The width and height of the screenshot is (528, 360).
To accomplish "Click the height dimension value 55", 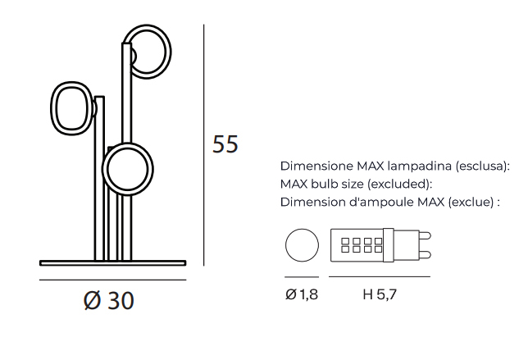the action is click(225, 144).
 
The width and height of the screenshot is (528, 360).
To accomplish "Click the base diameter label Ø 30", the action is click(109, 300).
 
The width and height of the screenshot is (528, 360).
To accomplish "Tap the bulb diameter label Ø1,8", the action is click(302, 294).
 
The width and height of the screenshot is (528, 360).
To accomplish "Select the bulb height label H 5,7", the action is click(380, 294).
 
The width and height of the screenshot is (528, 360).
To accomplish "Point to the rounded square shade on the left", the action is click(54, 108).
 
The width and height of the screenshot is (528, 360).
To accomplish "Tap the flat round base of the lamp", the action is click(113, 263).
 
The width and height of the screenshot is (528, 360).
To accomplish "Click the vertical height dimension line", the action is click(203, 145).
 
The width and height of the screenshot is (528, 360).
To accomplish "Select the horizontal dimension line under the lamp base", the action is click(113, 280).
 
